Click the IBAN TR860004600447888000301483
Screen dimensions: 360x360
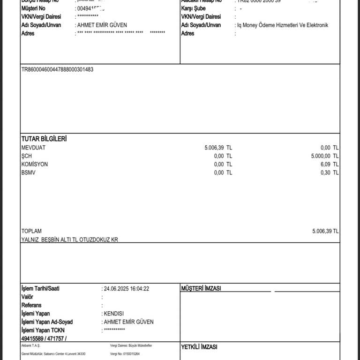tap(57, 69)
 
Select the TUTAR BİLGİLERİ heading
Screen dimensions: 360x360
tap(44, 139)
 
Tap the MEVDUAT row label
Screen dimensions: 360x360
tap(34, 148)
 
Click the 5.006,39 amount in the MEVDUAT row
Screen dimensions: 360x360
tap(214, 148)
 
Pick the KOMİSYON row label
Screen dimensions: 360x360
tap(35, 165)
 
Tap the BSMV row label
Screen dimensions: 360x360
tap(28, 173)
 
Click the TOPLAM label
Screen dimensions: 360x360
tap(31, 231)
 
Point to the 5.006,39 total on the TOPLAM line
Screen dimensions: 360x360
tap(322, 231)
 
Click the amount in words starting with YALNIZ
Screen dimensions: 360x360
tap(70, 240)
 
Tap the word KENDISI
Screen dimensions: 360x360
tap(114, 314)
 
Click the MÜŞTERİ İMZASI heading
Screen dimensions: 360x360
tap(201, 288)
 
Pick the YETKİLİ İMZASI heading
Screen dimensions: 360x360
tap(199, 347)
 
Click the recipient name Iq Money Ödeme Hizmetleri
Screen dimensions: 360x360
tap(282, 25)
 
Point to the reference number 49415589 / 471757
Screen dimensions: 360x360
tap(44, 338)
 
